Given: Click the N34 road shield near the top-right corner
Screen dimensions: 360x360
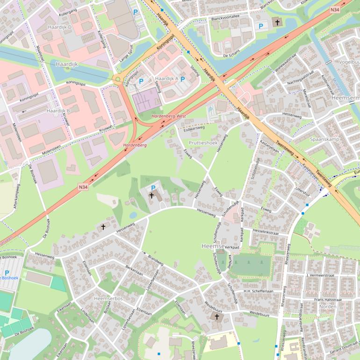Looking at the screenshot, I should [335, 10].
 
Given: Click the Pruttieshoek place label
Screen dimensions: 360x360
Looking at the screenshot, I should [203, 143].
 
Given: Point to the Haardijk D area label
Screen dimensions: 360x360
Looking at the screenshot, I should [59, 27].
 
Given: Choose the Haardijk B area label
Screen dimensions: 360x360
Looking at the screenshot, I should [58, 111].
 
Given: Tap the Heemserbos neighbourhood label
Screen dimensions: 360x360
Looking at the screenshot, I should [108, 298].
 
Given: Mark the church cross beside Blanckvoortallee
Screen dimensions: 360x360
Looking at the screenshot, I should [277, 22].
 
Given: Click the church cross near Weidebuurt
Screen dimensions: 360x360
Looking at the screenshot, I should [216, 317].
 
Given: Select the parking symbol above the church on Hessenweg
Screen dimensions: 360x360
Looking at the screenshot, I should [153, 187].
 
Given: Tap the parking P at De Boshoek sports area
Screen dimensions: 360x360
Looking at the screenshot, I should [7, 273].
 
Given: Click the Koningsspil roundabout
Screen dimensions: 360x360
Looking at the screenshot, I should [117, 79].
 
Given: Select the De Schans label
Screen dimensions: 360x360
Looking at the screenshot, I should [231, 55].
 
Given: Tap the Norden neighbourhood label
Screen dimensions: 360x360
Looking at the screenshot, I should [328, 307].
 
